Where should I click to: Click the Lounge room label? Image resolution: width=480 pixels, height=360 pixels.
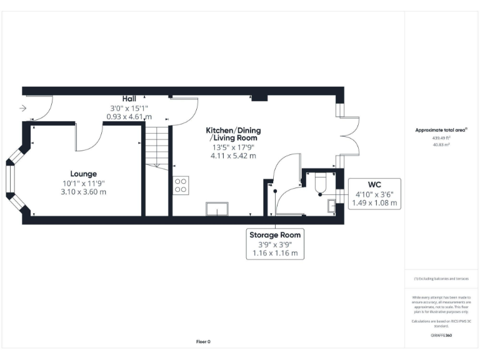[x=83, y=173]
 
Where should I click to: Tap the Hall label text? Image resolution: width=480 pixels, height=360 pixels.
[x=129, y=99]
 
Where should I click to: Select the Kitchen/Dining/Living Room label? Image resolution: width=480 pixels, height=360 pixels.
[x=234, y=134]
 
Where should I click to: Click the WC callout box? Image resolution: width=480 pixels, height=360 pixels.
[x=375, y=194]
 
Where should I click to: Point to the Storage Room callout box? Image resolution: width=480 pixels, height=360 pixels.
[x=275, y=244]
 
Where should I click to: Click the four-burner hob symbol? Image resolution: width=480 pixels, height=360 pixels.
[x=181, y=184]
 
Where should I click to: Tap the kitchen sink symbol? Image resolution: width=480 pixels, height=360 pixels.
[x=217, y=209]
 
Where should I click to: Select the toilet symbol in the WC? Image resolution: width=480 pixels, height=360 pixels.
[x=321, y=182]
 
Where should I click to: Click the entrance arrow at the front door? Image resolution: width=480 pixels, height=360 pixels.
[x=23, y=108]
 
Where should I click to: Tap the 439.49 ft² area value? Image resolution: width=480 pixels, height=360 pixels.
[x=441, y=137]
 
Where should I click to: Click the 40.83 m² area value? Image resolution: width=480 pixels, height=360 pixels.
[x=441, y=144]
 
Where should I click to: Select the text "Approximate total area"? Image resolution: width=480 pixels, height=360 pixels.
[x=441, y=130]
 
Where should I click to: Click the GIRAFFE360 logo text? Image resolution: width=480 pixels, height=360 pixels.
[x=441, y=336]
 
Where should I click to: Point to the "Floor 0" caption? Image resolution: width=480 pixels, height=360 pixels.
[x=204, y=342]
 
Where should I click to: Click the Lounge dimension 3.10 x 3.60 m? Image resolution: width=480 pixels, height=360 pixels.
[x=83, y=192]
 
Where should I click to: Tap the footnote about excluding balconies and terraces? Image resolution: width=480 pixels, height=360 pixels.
[x=441, y=279]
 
